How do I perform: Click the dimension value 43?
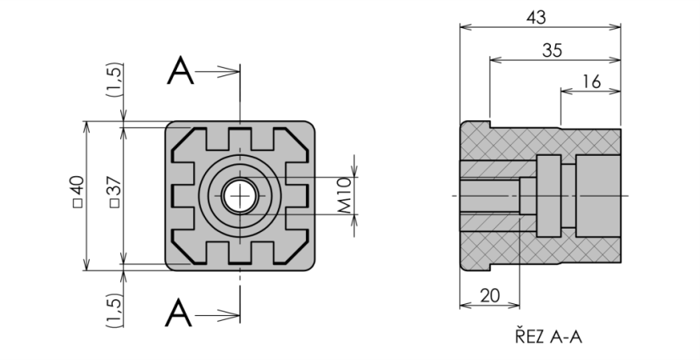[536, 18]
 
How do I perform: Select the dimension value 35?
[553, 51]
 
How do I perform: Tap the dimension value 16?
[592, 82]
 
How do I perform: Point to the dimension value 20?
[490, 296]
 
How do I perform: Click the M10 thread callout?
[344, 196]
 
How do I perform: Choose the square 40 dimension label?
[77, 191]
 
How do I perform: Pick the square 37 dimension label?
[114, 191]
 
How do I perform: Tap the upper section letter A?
[181, 70]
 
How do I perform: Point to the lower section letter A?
[179, 313]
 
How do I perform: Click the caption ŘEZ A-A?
[548, 336]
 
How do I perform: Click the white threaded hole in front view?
[240, 196]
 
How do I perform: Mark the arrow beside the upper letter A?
[218, 71]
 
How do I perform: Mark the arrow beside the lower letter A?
[218, 316]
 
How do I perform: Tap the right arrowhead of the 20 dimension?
[514, 306]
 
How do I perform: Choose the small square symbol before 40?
[77, 203]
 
